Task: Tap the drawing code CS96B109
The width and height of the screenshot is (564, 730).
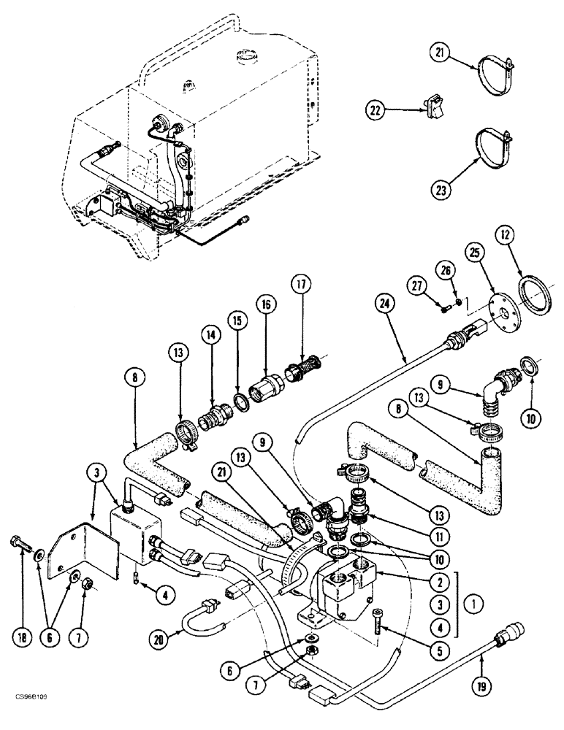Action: [30, 718]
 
